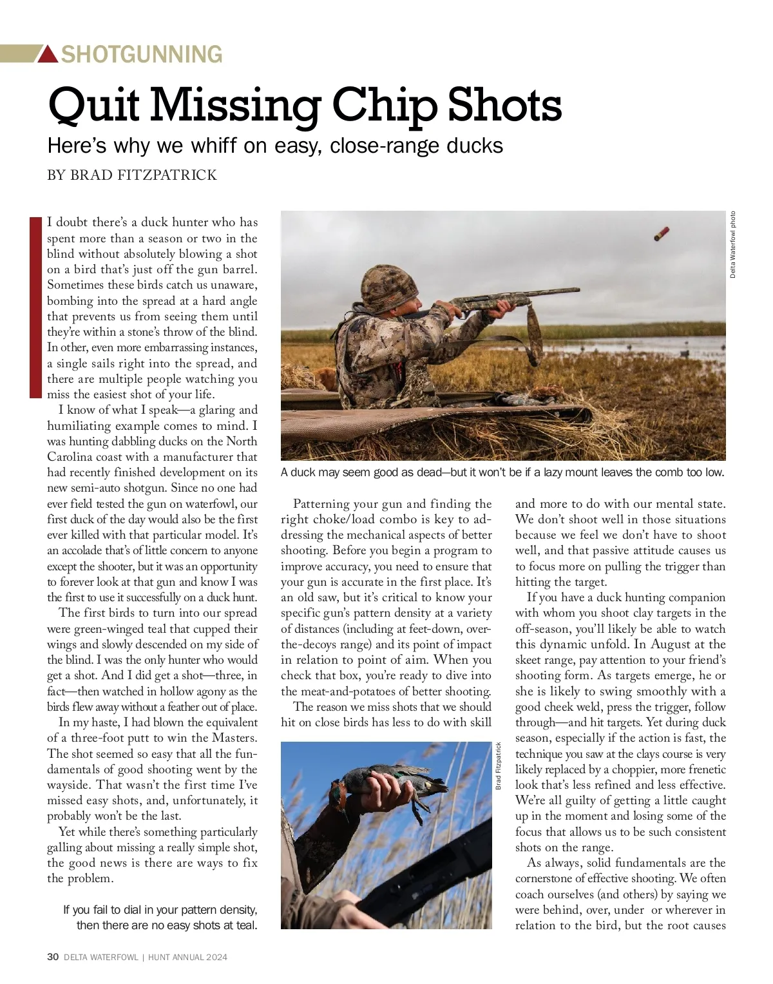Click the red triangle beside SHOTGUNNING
[48, 55]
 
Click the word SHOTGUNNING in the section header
[142, 54]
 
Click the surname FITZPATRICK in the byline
[167, 175]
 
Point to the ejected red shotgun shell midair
[661, 234]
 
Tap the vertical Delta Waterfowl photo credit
[732, 245]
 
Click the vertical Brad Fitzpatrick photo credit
[498, 766]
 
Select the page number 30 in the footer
[53, 957]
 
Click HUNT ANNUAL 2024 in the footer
[187, 957]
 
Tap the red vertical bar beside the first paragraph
[35, 307]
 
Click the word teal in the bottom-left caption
[246, 925]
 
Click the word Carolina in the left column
[70, 457]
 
